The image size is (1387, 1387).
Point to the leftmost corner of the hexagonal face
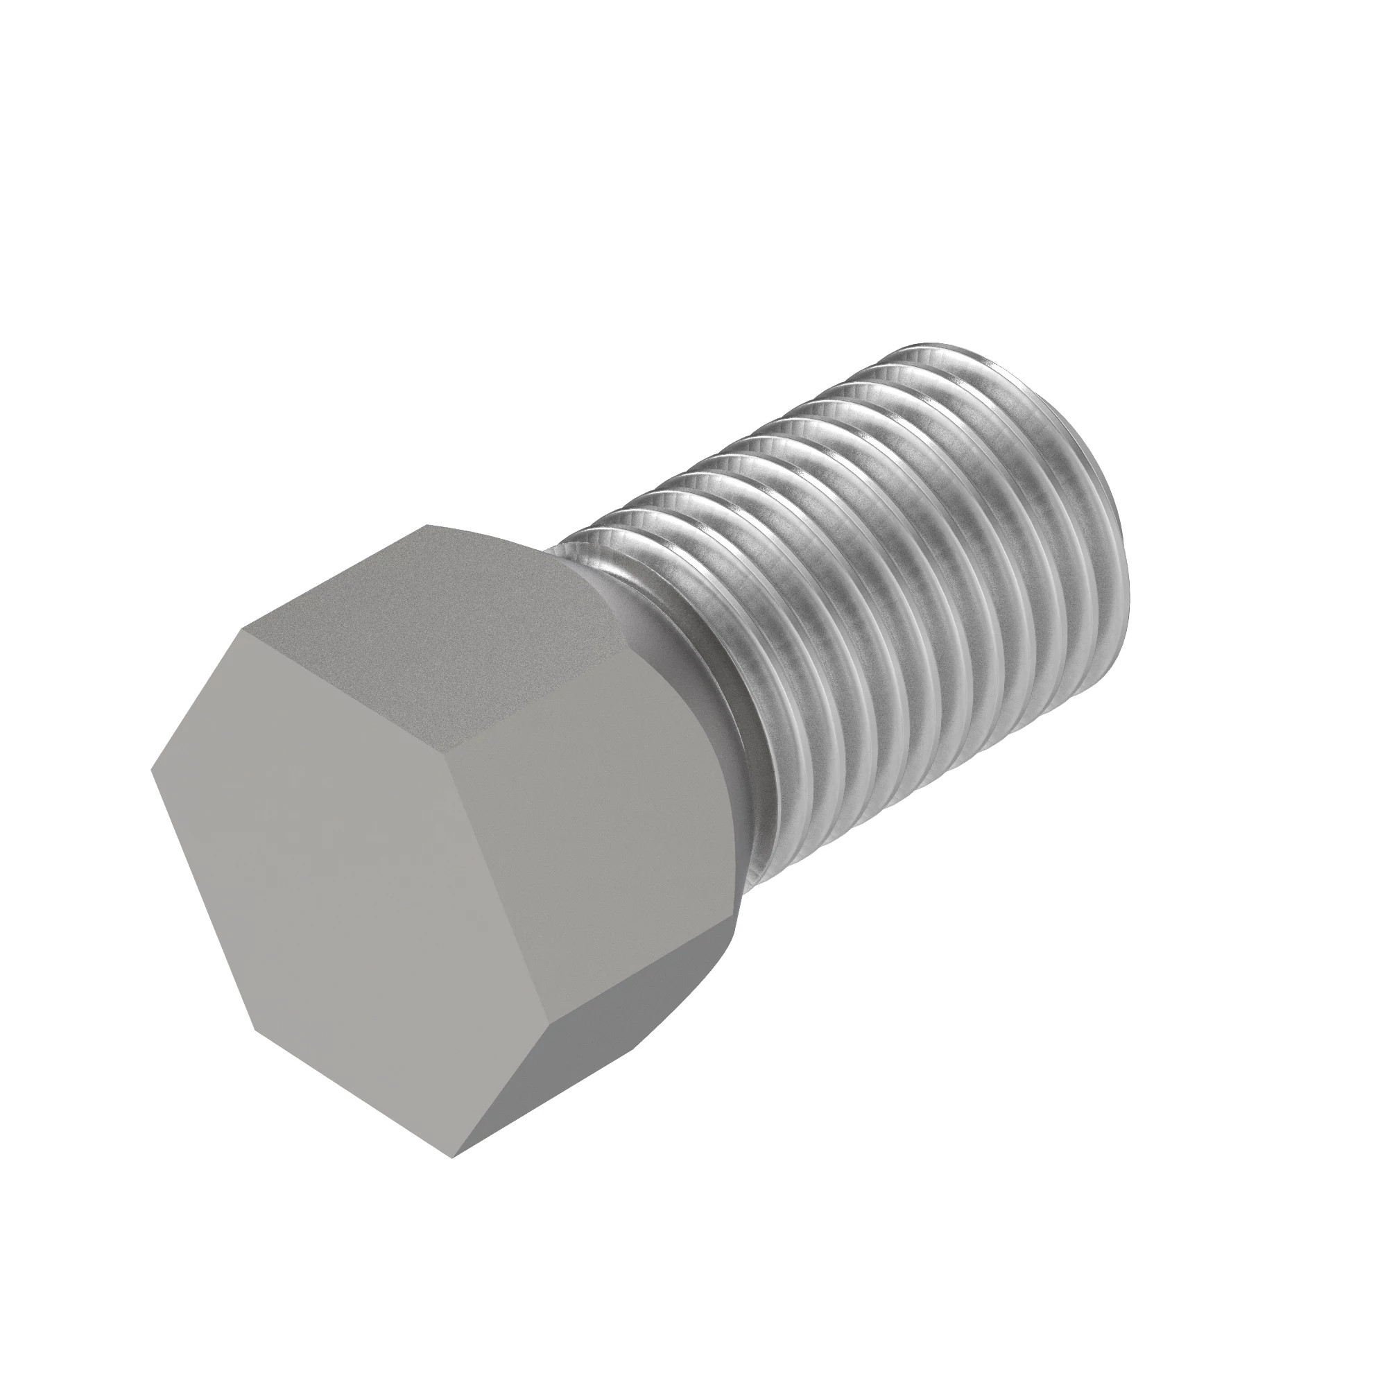(151, 770)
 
